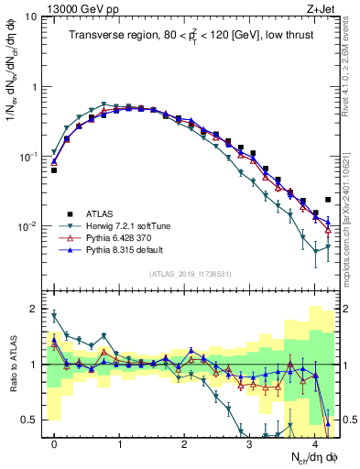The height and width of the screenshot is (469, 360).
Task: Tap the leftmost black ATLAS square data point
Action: pyautogui.click(x=54, y=170)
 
